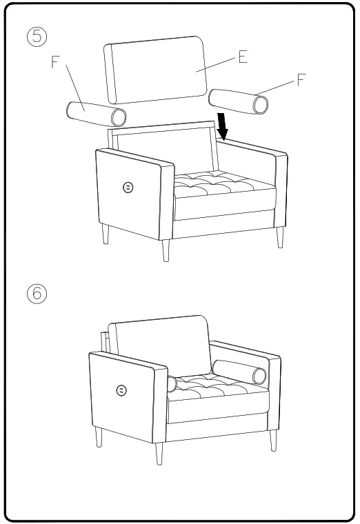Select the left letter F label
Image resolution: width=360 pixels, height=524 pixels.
coord(55,63)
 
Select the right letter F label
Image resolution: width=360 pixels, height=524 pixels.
coord(301,80)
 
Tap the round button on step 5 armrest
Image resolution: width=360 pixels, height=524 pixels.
coord(128,187)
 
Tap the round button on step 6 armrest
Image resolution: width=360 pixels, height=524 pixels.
coord(121,391)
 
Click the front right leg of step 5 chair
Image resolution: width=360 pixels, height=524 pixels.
coord(280,236)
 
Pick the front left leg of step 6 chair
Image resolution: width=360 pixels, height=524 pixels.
coord(160,454)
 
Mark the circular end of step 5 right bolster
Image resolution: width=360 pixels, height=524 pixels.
coord(261,104)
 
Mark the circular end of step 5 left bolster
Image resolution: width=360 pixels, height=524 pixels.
coord(119,118)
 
